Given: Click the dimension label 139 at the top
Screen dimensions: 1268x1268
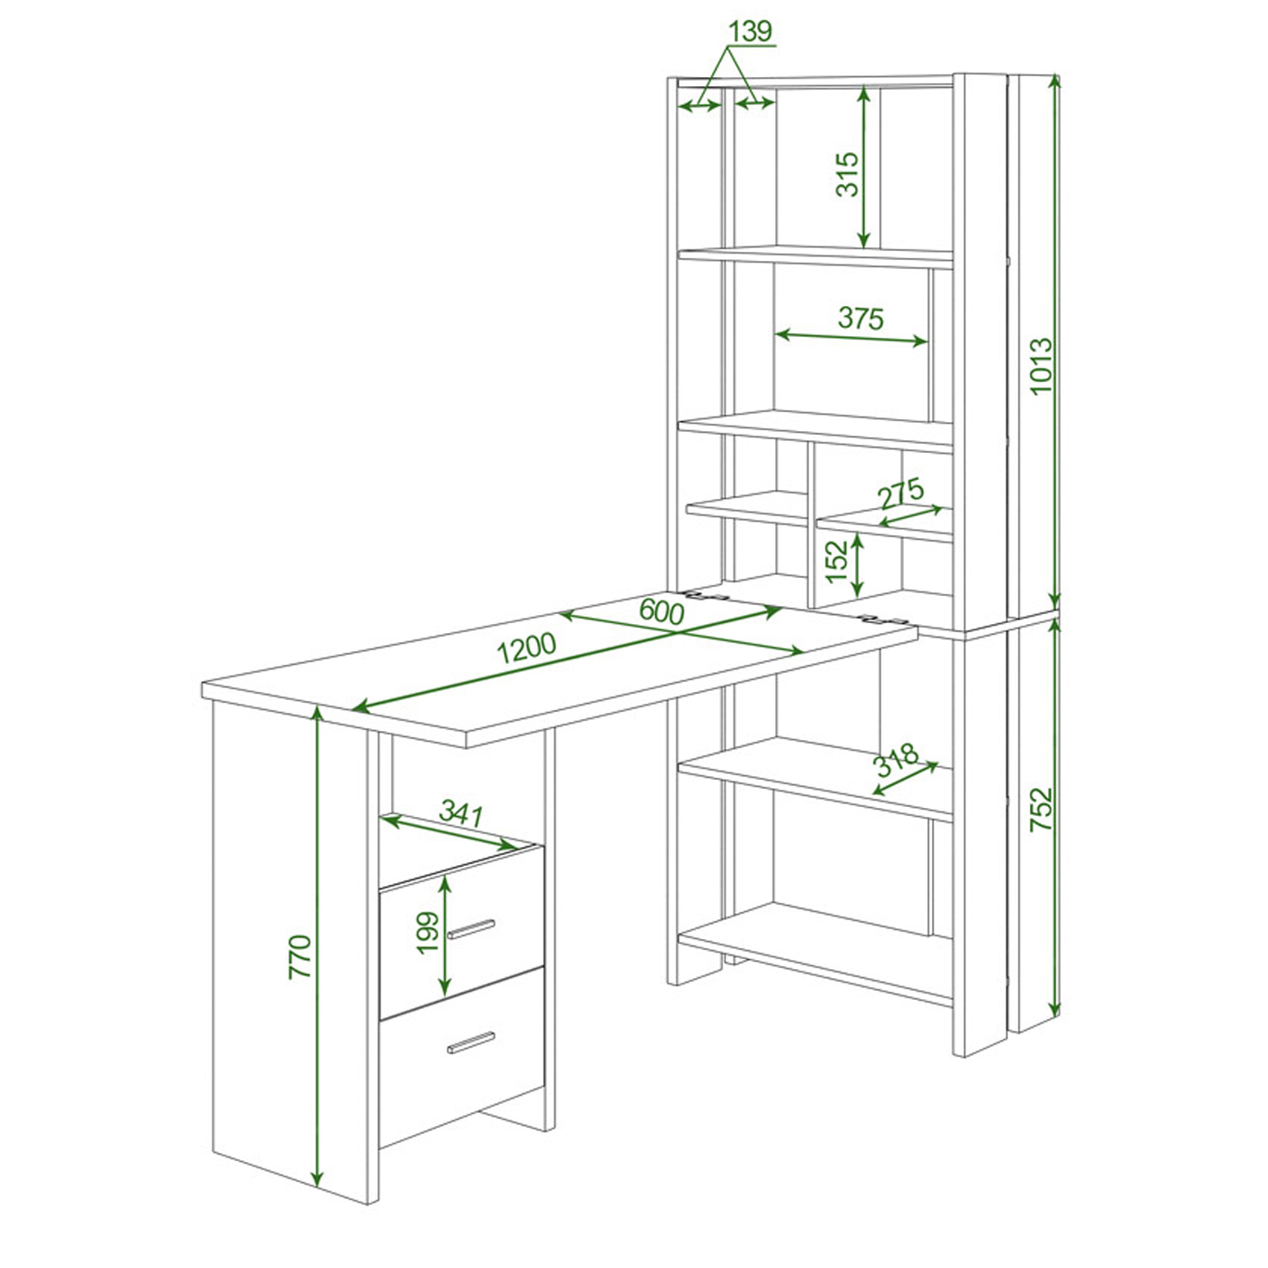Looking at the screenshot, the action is click(750, 31).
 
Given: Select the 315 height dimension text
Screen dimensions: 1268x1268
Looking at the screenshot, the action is click(848, 175).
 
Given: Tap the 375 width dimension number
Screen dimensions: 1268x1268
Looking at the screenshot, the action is click(860, 319).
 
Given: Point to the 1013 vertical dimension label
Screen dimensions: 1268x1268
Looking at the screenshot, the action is click(1042, 366).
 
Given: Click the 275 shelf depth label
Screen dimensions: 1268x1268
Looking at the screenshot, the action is click(902, 494).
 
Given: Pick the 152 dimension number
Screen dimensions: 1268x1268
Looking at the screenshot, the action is click(837, 562).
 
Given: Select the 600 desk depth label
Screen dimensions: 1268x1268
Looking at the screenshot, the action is click(661, 612).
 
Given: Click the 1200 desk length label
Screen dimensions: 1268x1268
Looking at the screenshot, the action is click(526, 648).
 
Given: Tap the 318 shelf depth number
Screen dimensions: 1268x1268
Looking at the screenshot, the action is click(896, 761).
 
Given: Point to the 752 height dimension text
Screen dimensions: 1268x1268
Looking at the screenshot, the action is click(1042, 809).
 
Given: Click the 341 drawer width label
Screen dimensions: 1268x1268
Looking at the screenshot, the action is click(461, 813).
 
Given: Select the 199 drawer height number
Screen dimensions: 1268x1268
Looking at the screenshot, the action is click(427, 932).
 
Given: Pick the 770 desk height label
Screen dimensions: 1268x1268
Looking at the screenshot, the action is click(300, 956).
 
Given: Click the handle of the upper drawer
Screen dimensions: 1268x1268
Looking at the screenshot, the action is click(471, 929).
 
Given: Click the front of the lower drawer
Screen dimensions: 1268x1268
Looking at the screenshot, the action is click(462, 1046).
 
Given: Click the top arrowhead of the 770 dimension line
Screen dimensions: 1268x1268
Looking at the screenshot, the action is click(317, 714).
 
